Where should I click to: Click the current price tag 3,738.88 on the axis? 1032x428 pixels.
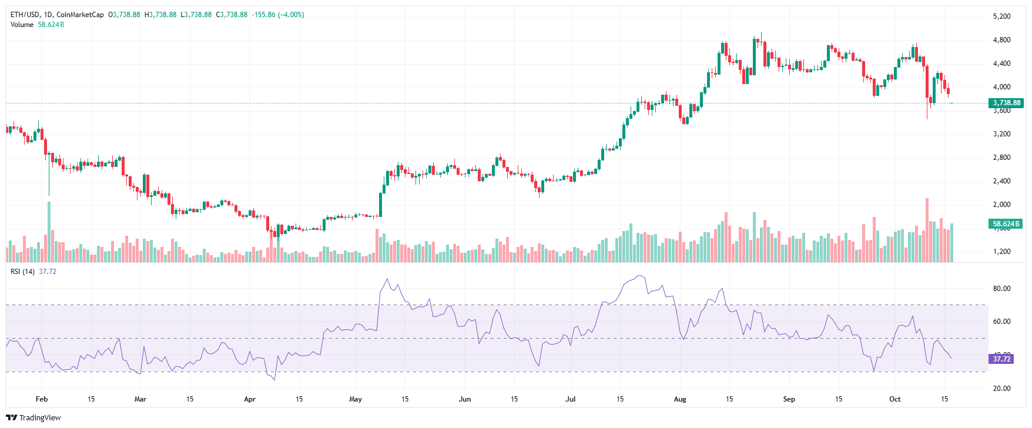click(1007, 103)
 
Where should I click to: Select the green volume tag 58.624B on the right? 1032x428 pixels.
click(1006, 224)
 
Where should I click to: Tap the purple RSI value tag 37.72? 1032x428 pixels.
click(1001, 359)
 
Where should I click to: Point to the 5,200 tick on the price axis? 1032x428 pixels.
click(1001, 16)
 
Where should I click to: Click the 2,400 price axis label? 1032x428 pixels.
click(1001, 181)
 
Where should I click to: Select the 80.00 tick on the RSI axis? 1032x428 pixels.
click(1001, 289)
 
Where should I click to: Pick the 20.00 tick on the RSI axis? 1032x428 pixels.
click(1001, 389)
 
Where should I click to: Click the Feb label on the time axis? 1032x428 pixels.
click(42, 399)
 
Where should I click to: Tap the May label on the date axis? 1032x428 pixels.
click(356, 399)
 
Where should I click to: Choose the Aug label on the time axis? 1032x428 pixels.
click(680, 399)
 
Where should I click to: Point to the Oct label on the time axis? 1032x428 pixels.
click(894, 399)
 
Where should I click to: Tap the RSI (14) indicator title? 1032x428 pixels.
click(23, 272)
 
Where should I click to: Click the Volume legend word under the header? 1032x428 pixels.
click(22, 25)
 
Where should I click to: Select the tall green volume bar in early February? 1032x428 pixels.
click(49, 232)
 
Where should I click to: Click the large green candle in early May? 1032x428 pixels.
click(380, 205)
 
